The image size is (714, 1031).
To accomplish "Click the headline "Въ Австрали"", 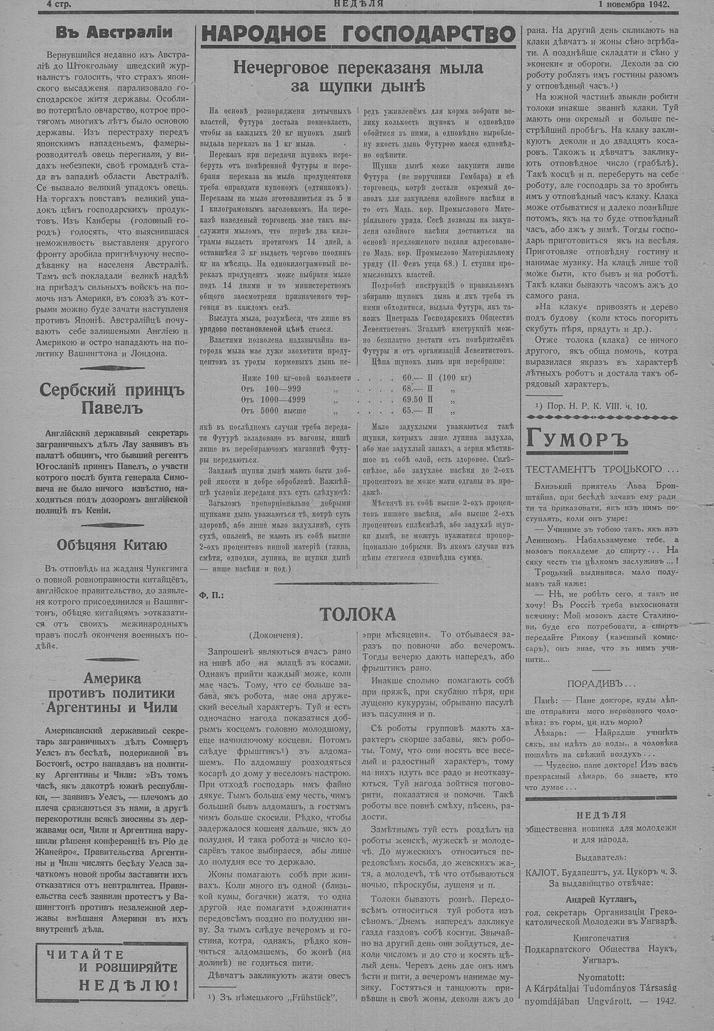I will (x=114, y=32).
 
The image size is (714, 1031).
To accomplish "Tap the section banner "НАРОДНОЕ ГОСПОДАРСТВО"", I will (x=358, y=34).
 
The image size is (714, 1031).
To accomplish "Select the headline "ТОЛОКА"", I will (x=357, y=614).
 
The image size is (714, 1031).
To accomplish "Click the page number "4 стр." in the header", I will (x=64, y=4).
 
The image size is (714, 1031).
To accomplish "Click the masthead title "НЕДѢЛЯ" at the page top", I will (x=358, y=4).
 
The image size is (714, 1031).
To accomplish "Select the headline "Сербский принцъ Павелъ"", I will (x=111, y=400).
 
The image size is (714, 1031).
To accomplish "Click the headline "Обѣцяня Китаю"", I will (x=112, y=545).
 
